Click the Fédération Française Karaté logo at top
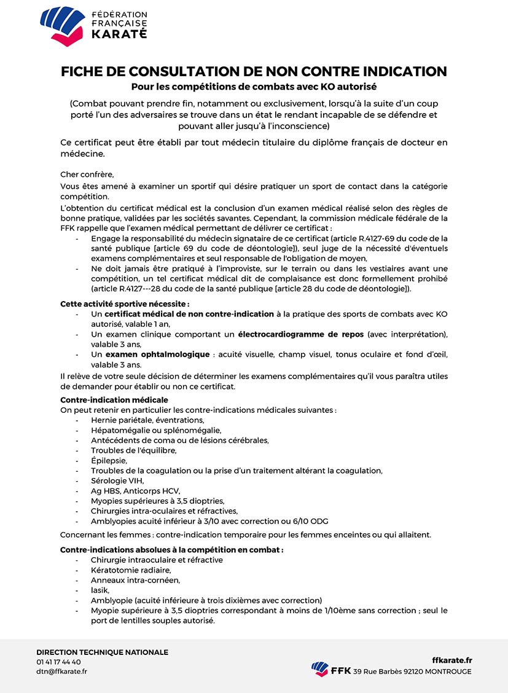pos(93,25)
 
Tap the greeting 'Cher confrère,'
pos(87,174)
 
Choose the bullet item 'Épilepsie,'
pos(109,460)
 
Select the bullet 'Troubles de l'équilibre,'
pos(133,450)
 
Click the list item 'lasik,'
pos(100,590)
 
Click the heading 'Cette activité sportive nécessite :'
pos(125,303)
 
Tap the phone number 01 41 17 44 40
pos(58,662)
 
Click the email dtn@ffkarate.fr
pos(61,671)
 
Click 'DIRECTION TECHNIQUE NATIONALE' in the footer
pos(102,652)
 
